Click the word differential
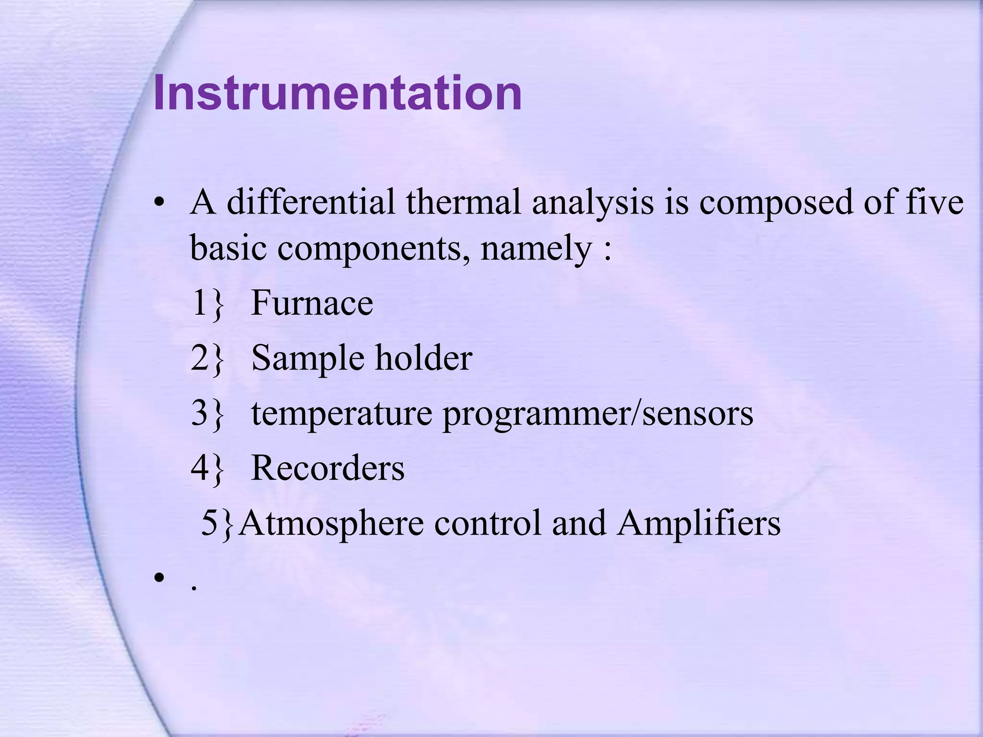(x=311, y=202)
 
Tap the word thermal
(x=463, y=202)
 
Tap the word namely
(x=536, y=250)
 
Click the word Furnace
(x=312, y=303)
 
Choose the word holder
(x=424, y=358)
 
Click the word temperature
(x=341, y=414)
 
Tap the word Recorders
(x=328, y=468)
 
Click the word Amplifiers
(x=699, y=523)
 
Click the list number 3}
(x=207, y=414)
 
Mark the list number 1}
(x=207, y=303)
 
